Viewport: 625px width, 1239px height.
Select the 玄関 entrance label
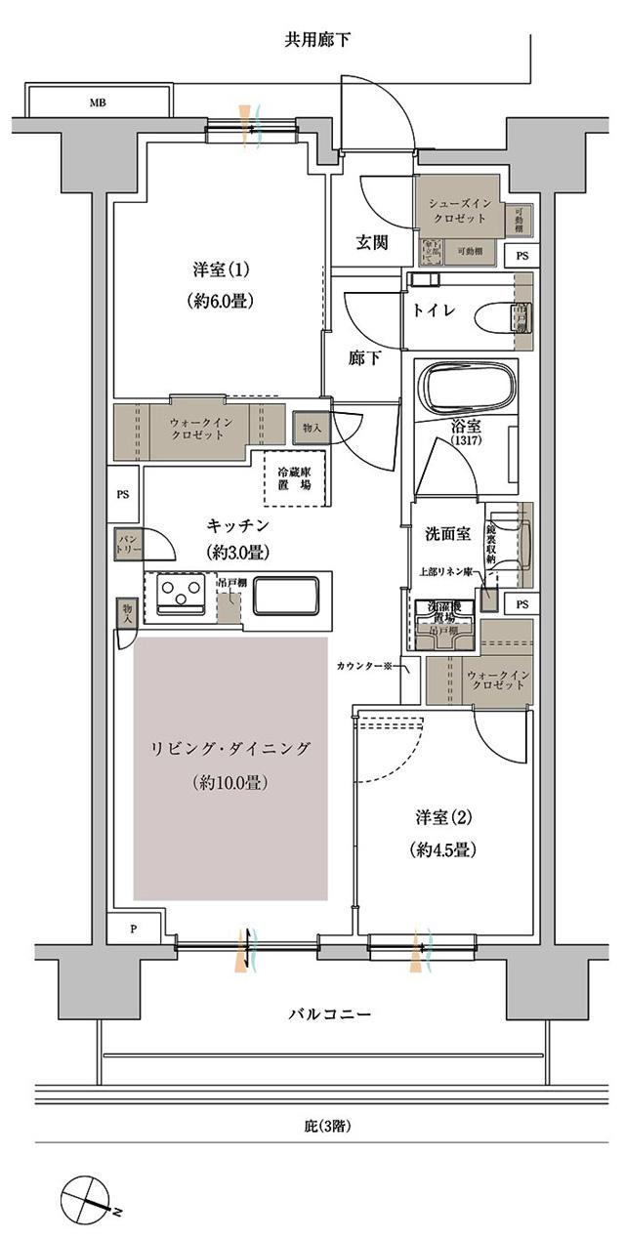[x=371, y=242]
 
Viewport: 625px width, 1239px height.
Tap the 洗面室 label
[x=446, y=535]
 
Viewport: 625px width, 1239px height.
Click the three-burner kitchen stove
[x=180, y=595]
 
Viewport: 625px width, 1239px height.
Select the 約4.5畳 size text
[x=442, y=849]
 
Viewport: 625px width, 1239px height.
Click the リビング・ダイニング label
[x=230, y=749]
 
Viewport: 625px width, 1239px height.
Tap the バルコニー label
[x=329, y=1014]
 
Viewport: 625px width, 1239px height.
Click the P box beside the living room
[x=134, y=929]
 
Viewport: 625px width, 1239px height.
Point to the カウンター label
[x=361, y=667]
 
